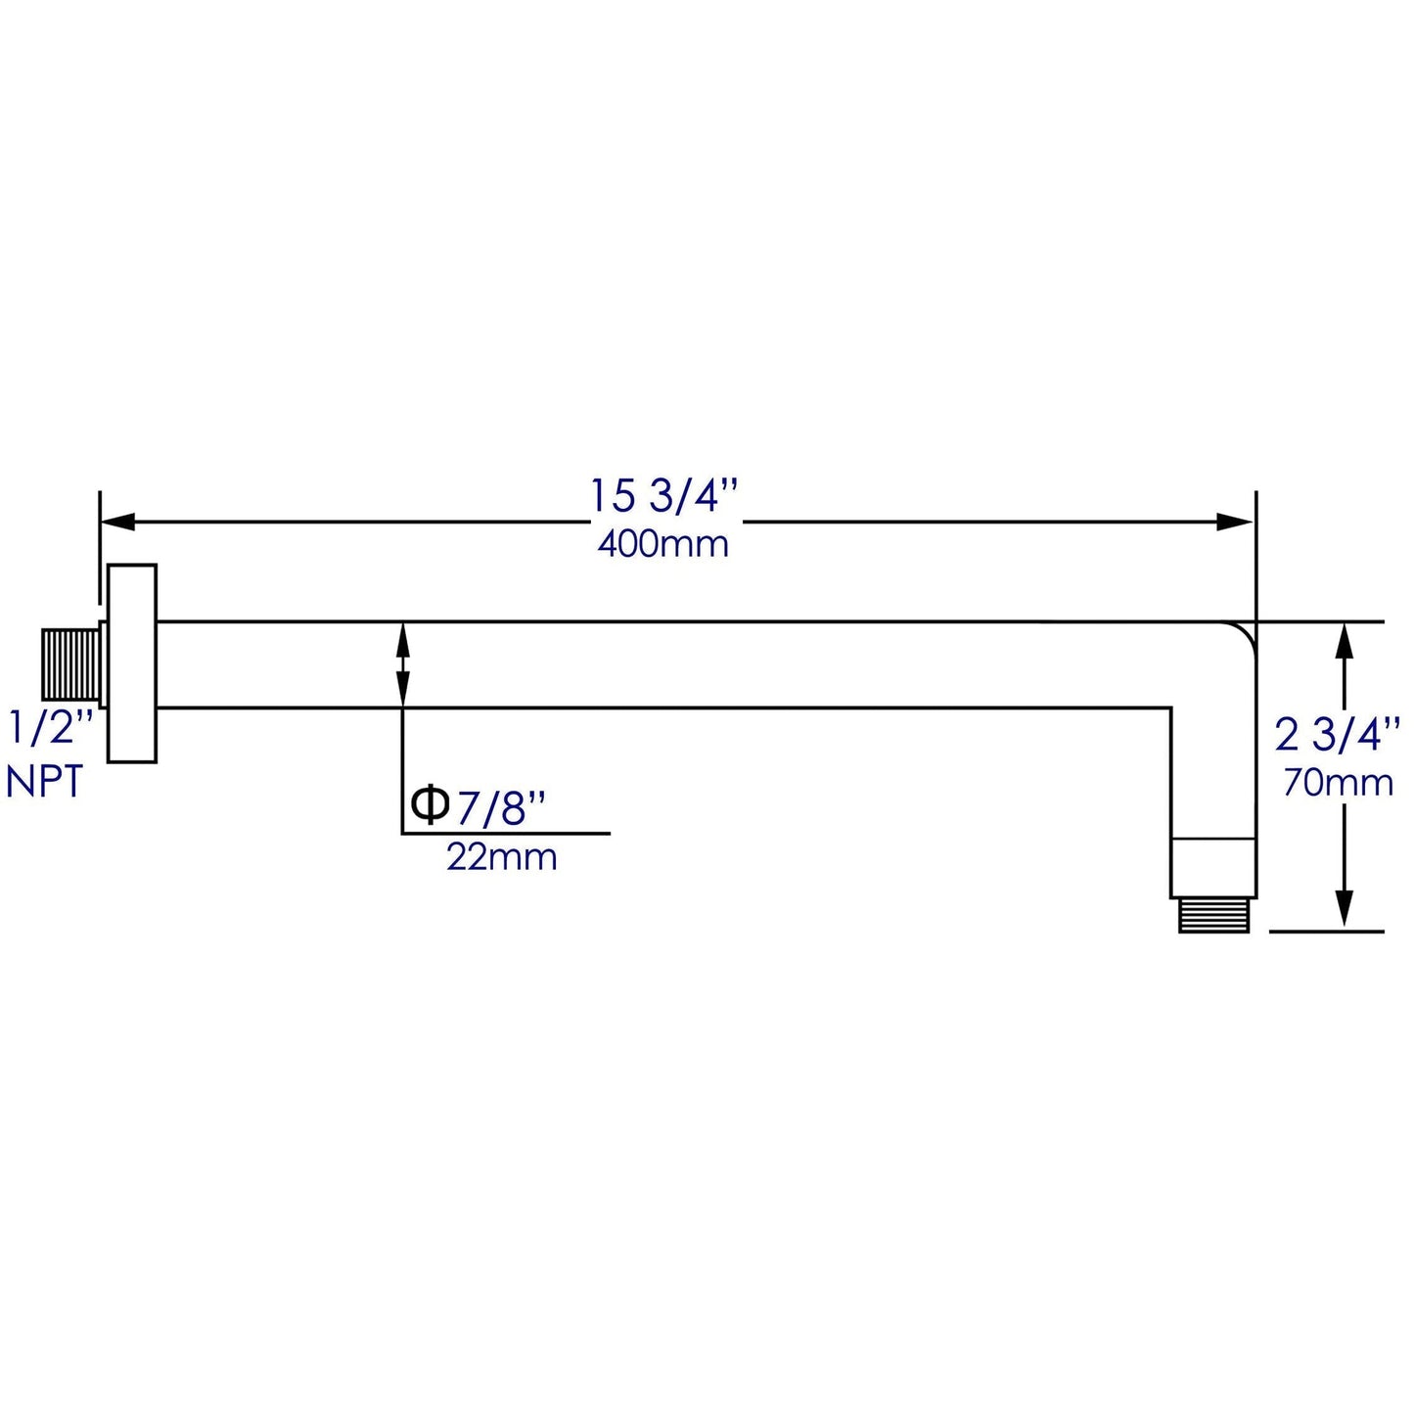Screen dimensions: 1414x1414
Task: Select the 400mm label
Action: [662, 544]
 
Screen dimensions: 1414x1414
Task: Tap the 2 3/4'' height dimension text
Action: [1338, 734]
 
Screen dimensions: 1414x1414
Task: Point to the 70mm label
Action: [1338, 783]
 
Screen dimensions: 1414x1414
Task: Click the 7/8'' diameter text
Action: [500, 808]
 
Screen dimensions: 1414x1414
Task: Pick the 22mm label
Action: [502, 857]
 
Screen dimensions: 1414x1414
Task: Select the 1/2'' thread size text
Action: [51, 730]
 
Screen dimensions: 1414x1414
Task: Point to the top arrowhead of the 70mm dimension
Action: [1346, 640]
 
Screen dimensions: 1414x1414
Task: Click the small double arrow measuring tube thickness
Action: [402, 663]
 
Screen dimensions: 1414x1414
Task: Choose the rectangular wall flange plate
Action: [132, 663]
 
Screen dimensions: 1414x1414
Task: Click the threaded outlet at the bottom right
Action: [1213, 915]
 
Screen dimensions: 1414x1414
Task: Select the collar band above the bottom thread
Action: [1213, 867]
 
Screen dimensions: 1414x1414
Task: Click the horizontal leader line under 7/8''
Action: [506, 834]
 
